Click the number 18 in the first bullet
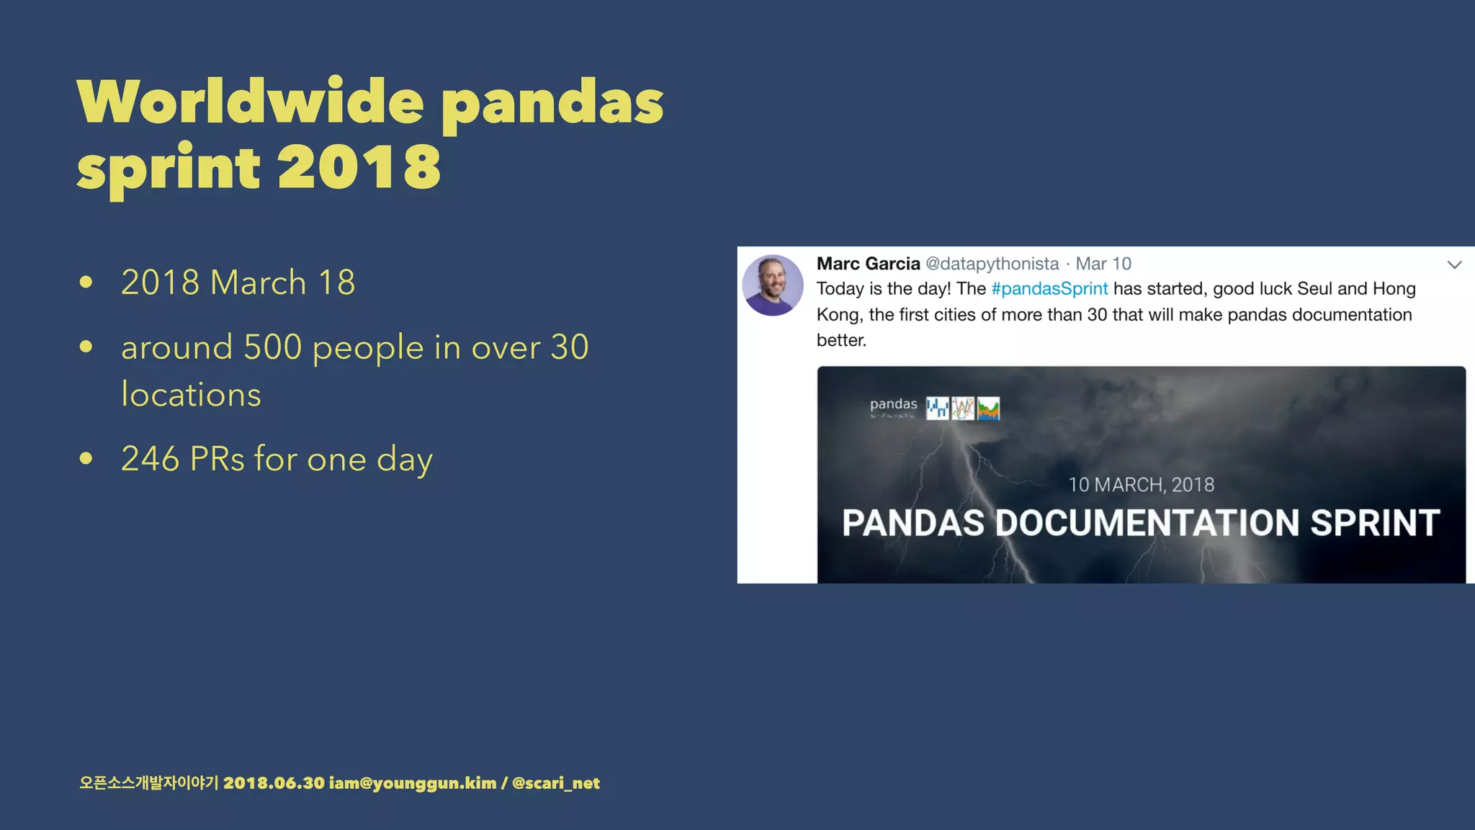(336, 282)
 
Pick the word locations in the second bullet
(191, 395)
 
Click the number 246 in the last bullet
(150, 459)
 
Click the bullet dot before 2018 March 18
(86, 282)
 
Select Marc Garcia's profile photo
(773, 285)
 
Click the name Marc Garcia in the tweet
(868, 264)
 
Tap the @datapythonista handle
(992, 264)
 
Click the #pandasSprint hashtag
(1049, 289)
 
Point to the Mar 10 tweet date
(1103, 264)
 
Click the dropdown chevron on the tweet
(1454, 265)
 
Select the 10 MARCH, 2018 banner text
(1141, 485)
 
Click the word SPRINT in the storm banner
(1375, 523)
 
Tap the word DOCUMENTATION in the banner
(1147, 523)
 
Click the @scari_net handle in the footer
(555, 783)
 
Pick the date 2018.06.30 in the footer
(274, 783)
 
